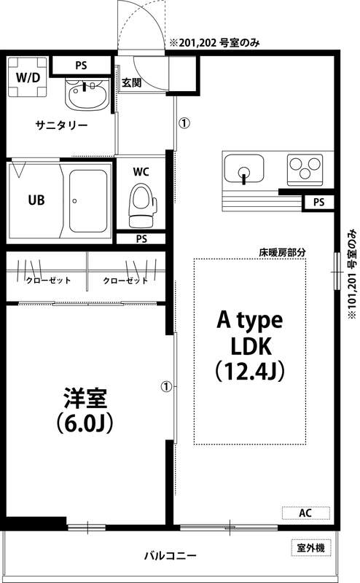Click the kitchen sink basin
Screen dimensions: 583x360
pyautogui.click(x=243, y=171)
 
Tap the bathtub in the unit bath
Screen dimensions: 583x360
pyautogui.click(x=89, y=201)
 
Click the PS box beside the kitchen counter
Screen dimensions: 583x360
pyautogui.click(x=318, y=202)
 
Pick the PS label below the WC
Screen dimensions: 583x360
pyautogui.click(x=141, y=238)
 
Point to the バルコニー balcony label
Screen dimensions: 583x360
pyautogui.click(x=169, y=556)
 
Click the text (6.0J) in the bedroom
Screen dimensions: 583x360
pyautogui.click(x=85, y=422)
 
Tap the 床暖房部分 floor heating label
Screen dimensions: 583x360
pyautogui.click(x=281, y=252)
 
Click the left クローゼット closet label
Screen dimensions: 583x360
pyautogui.click(x=47, y=281)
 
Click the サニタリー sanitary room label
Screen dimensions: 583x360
pyautogui.click(x=62, y=125)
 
